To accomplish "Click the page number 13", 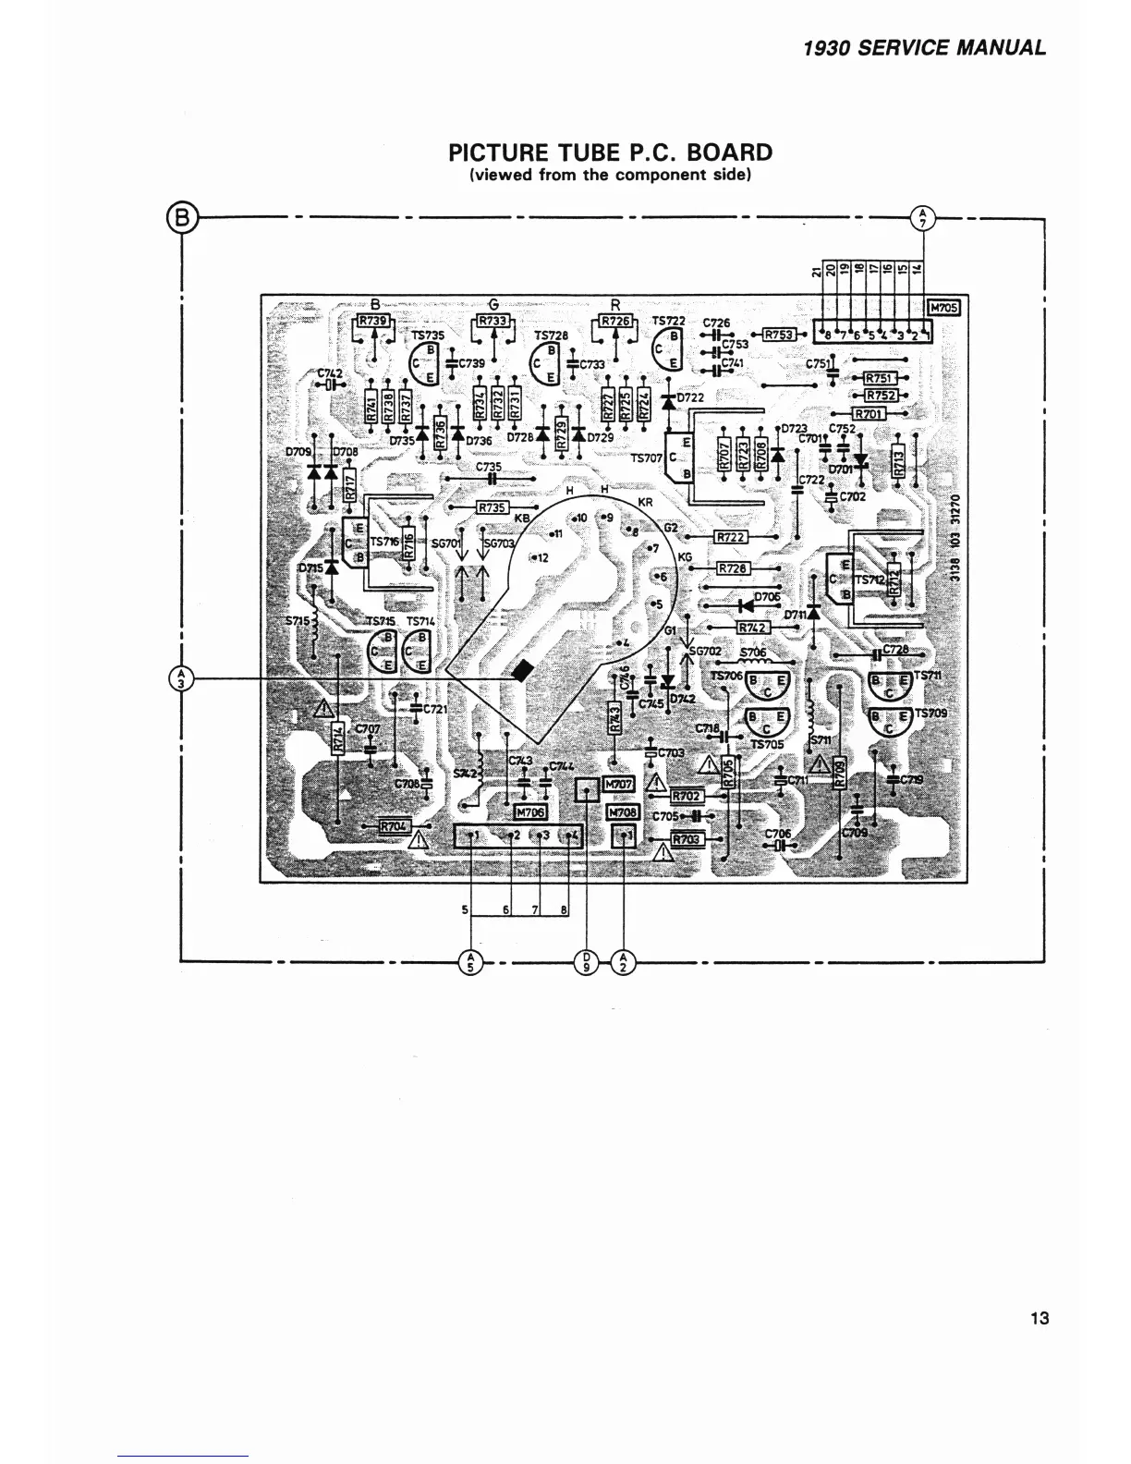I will [1040, 1318].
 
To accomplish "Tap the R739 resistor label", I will [374, 321].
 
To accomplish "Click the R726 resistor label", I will [616, 321].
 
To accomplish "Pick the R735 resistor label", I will [493, 507].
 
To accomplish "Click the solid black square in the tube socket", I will [522, 671].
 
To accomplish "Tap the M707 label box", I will [618, 785].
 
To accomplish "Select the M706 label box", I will [529, 811].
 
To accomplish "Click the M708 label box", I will [623, 811].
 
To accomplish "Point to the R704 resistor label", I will [395, 826].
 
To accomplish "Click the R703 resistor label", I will [687, 839].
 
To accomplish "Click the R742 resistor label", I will [753, 628].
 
